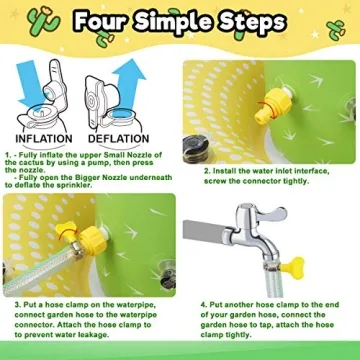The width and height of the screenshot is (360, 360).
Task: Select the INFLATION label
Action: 43,138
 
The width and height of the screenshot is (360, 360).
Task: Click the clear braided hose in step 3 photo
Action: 30,273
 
